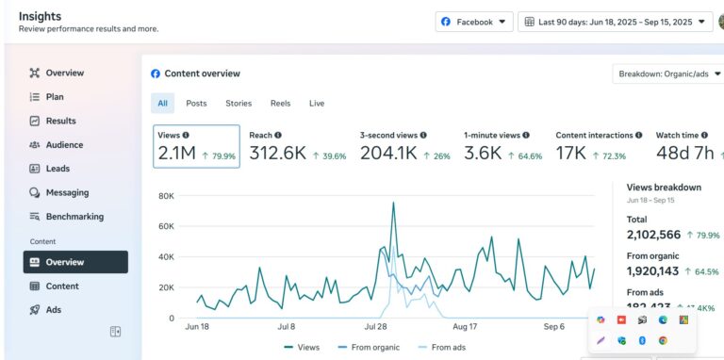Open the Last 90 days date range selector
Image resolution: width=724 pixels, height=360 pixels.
point(614,22)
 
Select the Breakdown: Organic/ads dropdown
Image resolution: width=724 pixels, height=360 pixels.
point(667,74)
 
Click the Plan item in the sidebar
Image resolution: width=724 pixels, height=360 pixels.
point(55,97)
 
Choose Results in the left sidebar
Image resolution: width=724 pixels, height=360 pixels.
point(60,121)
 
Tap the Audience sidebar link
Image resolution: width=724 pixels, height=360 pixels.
point(64,145)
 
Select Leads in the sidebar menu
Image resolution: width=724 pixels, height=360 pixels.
point(58,169)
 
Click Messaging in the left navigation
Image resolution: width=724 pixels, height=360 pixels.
point(67,192)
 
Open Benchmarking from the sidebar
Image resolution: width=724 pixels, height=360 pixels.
point(74,217)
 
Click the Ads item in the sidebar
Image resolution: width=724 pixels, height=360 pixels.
point(53,309)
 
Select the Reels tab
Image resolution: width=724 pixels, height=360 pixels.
point(280,104)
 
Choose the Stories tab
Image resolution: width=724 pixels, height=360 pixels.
point(239,104)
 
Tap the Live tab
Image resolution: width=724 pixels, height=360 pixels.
point(317,104)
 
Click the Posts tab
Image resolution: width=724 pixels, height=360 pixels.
point(196,104)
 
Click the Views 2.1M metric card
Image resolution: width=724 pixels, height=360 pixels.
point(196,146)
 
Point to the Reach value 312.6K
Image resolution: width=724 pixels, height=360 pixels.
point(277,154)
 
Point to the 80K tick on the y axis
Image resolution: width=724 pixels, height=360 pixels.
point(166,196)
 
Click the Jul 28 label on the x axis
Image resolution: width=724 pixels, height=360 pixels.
point(376,327)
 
